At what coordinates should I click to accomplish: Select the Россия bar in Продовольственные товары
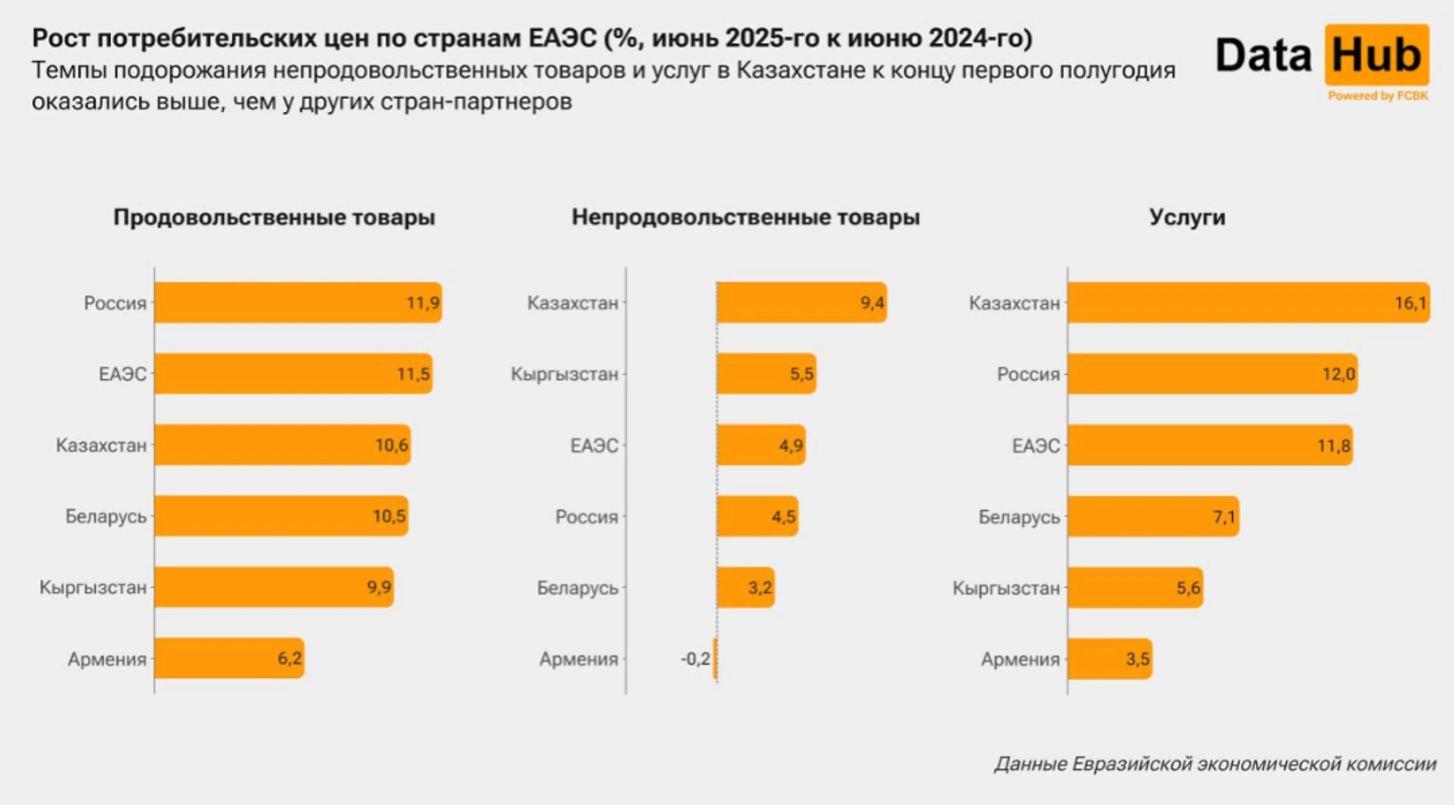pyautogui.click(x=298, y=303)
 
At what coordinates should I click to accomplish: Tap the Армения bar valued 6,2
pyautogui.click(x=229, y=658)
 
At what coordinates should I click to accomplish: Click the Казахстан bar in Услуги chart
pyautogui.click(x=1248, y=303)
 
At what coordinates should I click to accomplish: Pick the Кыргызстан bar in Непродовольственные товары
pyautogui.click(x=766, y=374)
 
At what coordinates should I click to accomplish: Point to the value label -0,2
pyautogui.click(x=695, y=658)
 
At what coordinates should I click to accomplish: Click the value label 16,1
pyautogui.click(x=1410, y=303)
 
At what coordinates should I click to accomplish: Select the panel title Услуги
pyautogui.click(x=1187, y=217)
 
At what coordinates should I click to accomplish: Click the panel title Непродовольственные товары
pyautogui.click(x=746, y=217)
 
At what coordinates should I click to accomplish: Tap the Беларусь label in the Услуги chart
pyautogui.click(x=1019, y=517)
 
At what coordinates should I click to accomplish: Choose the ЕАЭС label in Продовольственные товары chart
pyautogui.click(x=122, y=374)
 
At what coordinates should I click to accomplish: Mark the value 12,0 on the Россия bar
pyautogui.click(x=1338, y=374)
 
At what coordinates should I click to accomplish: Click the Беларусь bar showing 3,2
pyautogui.click(x=745, y=587)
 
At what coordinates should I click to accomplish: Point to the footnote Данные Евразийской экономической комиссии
pyautogui.click(x=1215, y=764)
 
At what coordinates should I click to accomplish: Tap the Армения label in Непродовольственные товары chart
pyautogui.click(x=579, y=659)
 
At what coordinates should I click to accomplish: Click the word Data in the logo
pyautogui.click(x=1263, y=55)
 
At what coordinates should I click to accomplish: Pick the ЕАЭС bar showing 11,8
pyautogui.click(x=1210, y=445)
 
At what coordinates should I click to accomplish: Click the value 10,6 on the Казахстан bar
pyautogui.click(x=391, y=445)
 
